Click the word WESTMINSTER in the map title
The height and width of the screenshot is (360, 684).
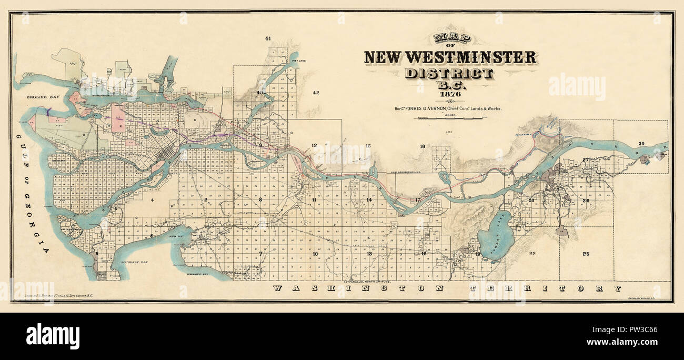476,57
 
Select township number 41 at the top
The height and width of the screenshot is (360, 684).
268,38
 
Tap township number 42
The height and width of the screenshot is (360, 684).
316,93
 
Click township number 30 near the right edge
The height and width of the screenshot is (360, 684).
641,144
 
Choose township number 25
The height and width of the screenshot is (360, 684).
586,254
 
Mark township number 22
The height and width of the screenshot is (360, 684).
532,254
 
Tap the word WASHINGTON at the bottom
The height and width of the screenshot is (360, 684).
358,288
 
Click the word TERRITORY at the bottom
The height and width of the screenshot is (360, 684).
545,288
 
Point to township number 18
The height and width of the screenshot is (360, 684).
422,146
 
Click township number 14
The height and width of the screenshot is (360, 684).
369,200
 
